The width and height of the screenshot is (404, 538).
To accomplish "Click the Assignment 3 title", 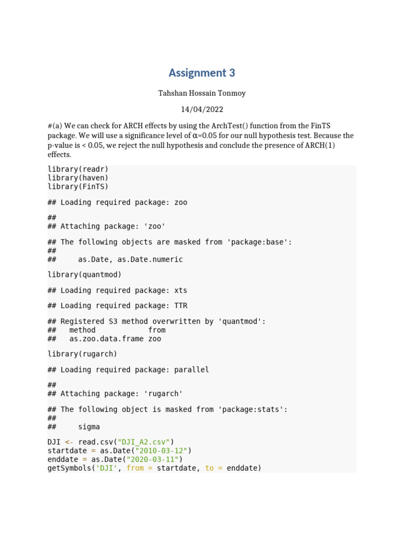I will (202, 73).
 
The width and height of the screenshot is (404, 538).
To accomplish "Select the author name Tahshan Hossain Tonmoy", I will (202, 93).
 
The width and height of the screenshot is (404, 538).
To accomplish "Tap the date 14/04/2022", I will (202, 109).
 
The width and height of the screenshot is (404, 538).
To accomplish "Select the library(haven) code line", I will (78, 178).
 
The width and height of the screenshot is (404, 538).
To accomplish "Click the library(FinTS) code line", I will (78, 187).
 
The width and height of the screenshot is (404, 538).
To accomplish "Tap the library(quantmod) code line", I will (84, 275).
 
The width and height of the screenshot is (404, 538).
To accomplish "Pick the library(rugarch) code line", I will (82, 354).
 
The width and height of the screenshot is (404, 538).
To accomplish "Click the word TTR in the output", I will (180, 306).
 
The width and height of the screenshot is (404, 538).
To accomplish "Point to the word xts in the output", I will (180, 291).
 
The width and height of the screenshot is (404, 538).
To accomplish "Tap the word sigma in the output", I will (89, 427).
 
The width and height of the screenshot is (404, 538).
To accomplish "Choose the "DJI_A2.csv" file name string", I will (144, 442).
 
